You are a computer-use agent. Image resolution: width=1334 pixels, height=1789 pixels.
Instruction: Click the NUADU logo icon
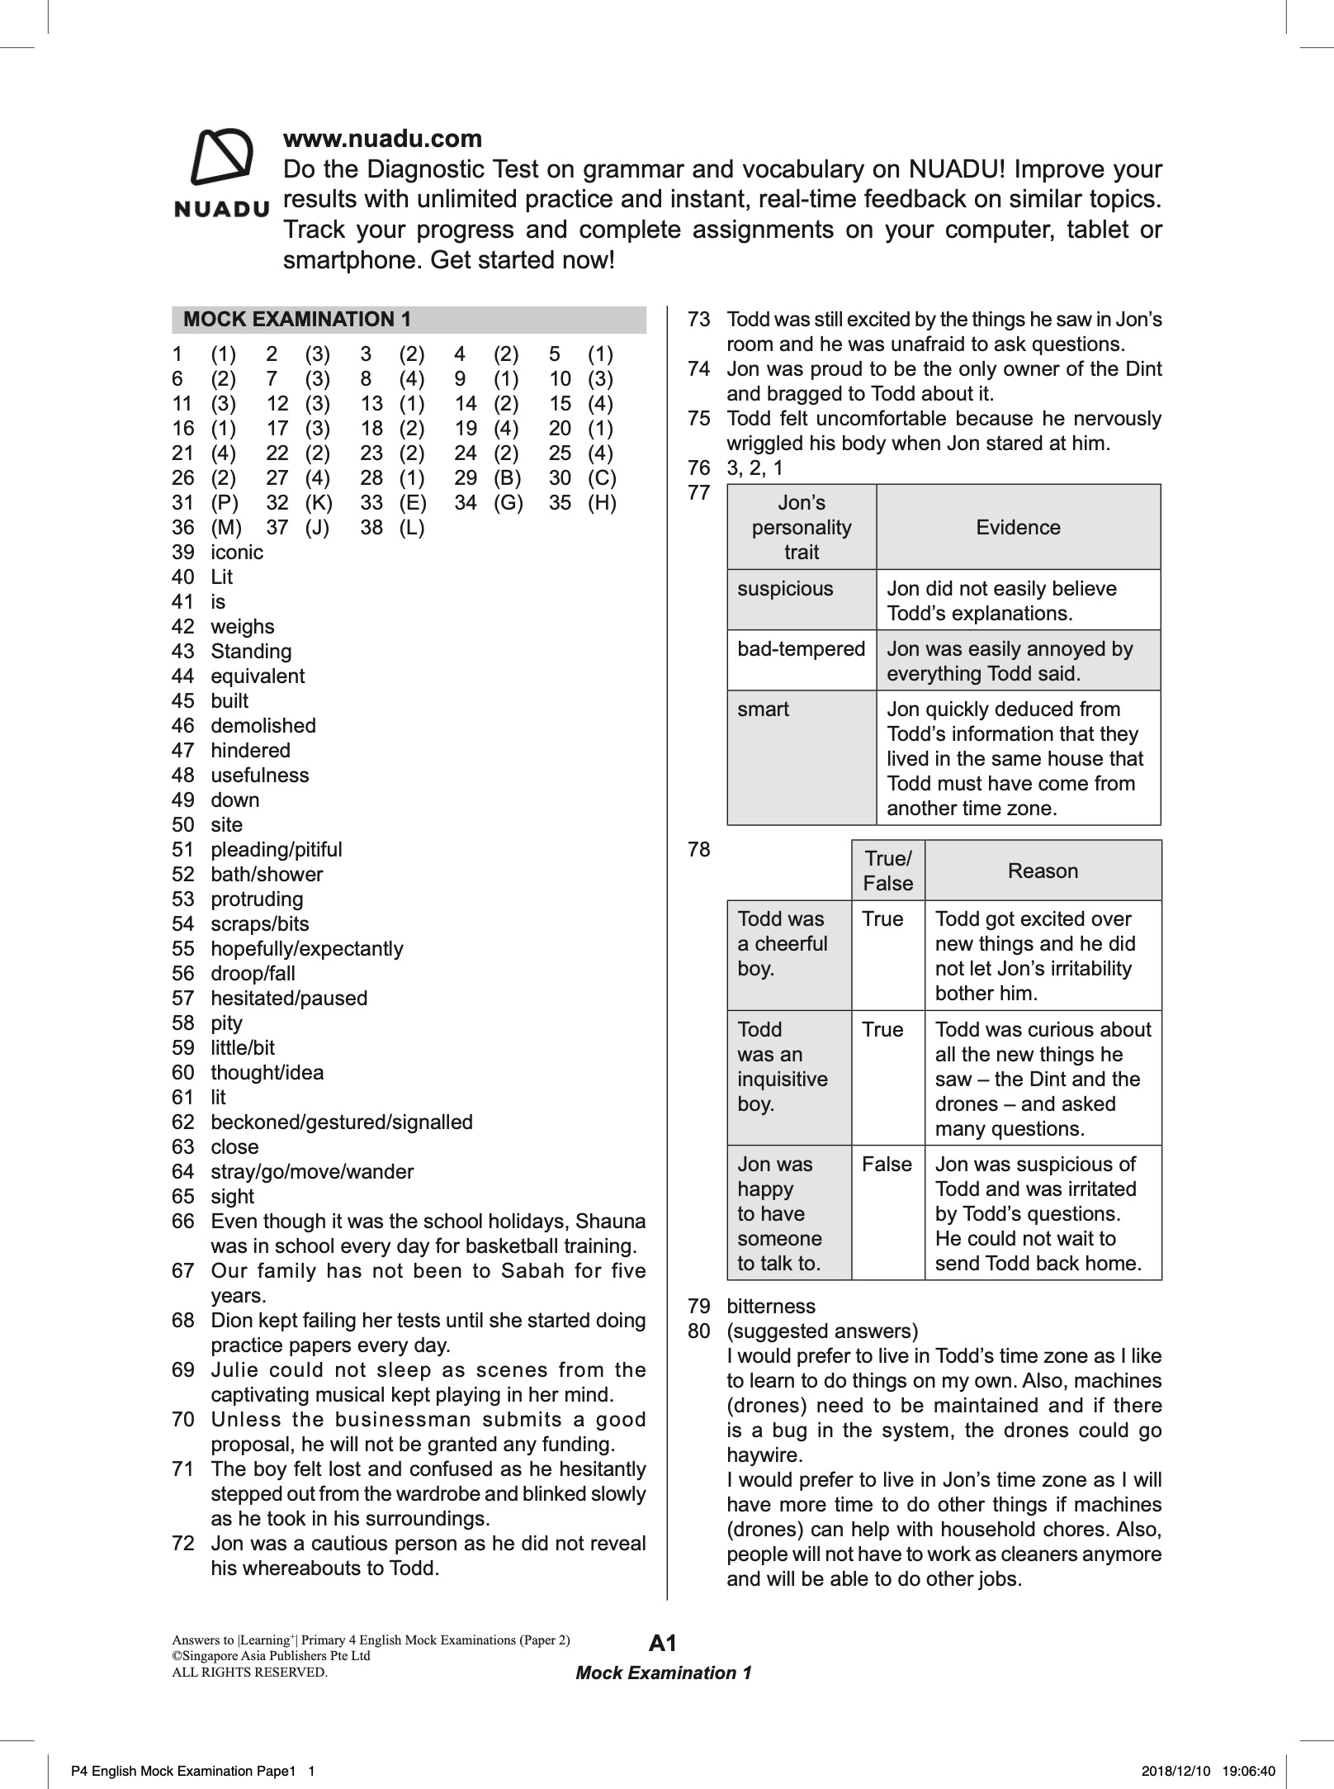[x=221, y=157]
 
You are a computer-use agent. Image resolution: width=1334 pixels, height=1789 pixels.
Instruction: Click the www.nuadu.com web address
[x=382, y=139]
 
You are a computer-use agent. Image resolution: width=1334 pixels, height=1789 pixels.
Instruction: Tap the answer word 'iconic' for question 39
[x=237, y=553]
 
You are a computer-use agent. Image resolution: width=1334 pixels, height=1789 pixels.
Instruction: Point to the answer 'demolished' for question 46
[x=263, y=726]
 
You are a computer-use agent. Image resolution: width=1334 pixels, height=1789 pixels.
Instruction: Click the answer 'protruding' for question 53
[x=257, y=899]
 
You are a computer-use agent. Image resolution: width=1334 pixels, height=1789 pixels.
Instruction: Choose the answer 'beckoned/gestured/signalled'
[x=342, y=1122]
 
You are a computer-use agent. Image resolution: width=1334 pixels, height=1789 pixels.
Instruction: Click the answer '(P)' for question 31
[x=224, y=503]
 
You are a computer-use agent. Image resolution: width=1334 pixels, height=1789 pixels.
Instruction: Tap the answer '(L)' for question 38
[x=412, y=528]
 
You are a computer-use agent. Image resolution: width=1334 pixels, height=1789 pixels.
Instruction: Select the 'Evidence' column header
[x=1018, y=528]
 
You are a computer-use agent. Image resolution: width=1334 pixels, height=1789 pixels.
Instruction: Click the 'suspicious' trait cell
[x=785, y=589]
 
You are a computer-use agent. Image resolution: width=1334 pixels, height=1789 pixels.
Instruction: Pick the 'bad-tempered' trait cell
[x=801, y=649]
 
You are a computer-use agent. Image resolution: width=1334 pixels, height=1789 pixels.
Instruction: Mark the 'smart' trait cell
[x=763, y=709]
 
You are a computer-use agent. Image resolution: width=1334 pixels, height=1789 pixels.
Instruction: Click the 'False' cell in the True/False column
[x=887, y=1165]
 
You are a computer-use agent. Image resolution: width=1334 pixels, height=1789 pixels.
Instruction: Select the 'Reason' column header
[x=1043, y=871]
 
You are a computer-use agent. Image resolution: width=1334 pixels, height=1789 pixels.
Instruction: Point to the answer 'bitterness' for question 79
[x=770, y=1307]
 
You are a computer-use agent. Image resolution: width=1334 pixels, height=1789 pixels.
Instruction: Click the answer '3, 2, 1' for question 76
[x=755, y=468]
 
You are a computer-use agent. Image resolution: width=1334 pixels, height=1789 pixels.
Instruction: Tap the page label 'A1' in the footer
[x=663, y=1644]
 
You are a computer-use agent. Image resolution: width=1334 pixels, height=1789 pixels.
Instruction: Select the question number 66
[x=182, y=1222]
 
